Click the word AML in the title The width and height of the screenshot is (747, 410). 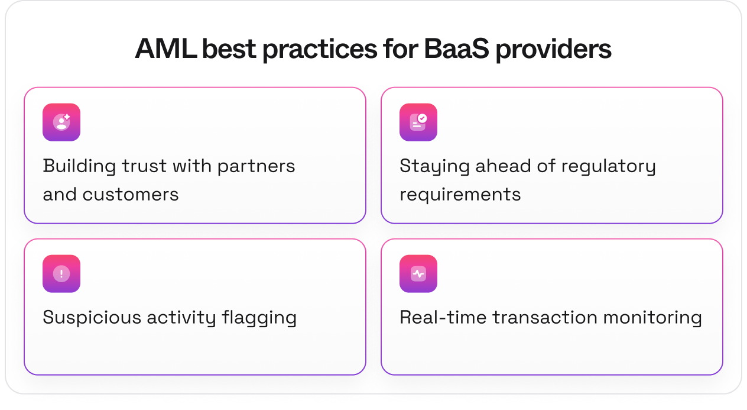click(x=165, y=49)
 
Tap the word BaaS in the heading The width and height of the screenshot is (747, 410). click(x=456, y=49)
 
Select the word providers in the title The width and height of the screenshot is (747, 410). click(x=553, y=50)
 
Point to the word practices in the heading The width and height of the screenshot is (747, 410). click(x=320, y=50)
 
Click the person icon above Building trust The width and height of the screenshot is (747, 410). click(x=61, y=122)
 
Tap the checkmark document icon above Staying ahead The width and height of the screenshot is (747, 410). click(x=418, y=122)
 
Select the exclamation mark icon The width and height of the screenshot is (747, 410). click(x=61, y=274)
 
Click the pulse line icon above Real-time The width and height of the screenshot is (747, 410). click(x=418, y=274)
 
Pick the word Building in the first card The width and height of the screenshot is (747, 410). click(x=79, y=166)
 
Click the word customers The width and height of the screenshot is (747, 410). click(x=131, y=195)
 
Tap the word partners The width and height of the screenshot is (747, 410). click(x=256, y=167)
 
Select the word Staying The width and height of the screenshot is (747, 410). click(x=434, y=166)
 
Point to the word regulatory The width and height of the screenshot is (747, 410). click(x=608, y=166)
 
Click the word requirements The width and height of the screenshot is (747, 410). click(x=460, y=195)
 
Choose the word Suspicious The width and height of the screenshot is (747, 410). click(x=92, y=318)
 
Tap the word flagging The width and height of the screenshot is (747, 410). click(x=259, y=318)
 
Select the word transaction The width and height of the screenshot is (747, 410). click(x=545, y=318)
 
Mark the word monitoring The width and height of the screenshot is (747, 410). click(x=652, y=318)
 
